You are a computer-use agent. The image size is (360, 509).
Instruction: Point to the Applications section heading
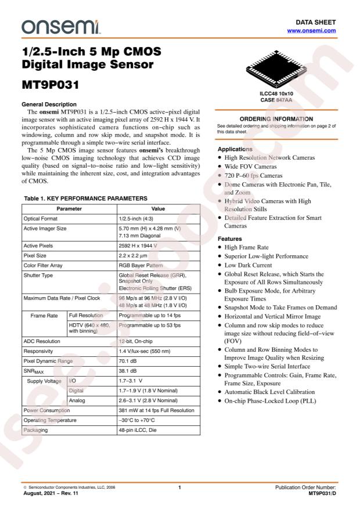(235, 149)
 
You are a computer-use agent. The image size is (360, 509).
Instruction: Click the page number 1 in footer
(180, 487)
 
